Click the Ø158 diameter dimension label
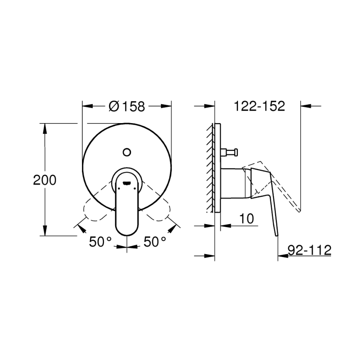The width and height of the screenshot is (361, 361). tap(127, 106)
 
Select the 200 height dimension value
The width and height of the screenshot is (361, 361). tap(45, 180)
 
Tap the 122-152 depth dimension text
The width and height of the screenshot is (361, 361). tap(259, 106)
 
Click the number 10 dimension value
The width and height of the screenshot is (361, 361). tap(247, 219)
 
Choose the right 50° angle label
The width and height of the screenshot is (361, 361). tap(155, 242)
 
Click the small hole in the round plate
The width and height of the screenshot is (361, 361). tap(127, 151)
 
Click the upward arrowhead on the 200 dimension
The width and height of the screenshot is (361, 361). tap(45, 127)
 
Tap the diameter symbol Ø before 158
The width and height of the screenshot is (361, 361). tap(114, 106)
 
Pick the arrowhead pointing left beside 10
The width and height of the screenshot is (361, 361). tap(223, 226)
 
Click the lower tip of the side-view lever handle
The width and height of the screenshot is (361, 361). tap(277, 235)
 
